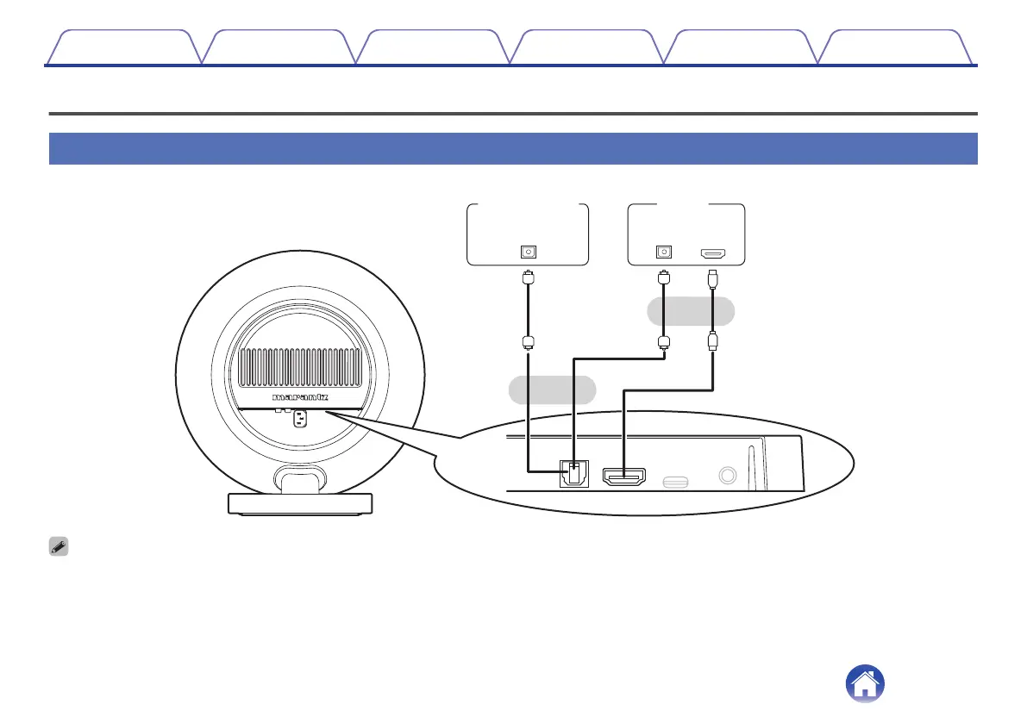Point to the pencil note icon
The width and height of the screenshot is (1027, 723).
59,547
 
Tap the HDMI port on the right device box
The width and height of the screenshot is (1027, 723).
713,254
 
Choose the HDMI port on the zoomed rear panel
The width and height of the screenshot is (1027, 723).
623,477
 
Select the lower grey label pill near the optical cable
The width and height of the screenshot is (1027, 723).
553,390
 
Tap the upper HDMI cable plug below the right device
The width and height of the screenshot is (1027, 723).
713,280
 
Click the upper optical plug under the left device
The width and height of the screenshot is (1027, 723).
528,280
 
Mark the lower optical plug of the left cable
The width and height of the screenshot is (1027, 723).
528,341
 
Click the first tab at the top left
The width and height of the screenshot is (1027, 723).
122,47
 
